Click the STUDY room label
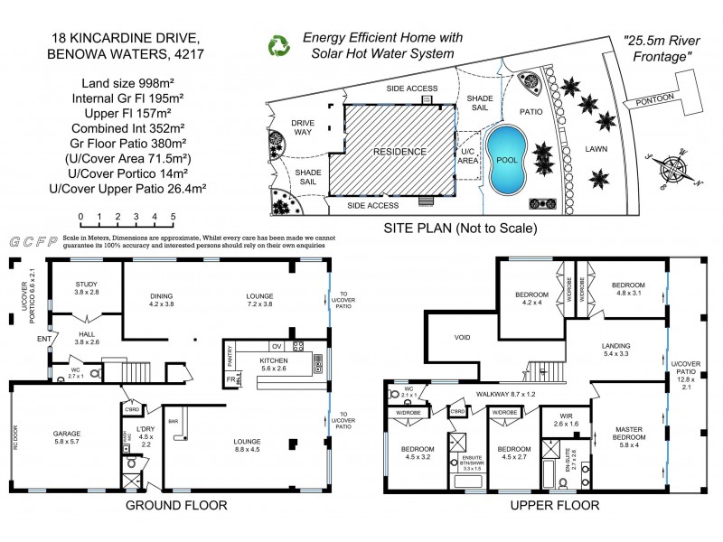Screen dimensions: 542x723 point(87,285)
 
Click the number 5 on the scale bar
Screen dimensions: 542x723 point(173,217)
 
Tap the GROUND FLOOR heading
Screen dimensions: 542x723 point(175,506)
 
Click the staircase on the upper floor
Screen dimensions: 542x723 point(538,369)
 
